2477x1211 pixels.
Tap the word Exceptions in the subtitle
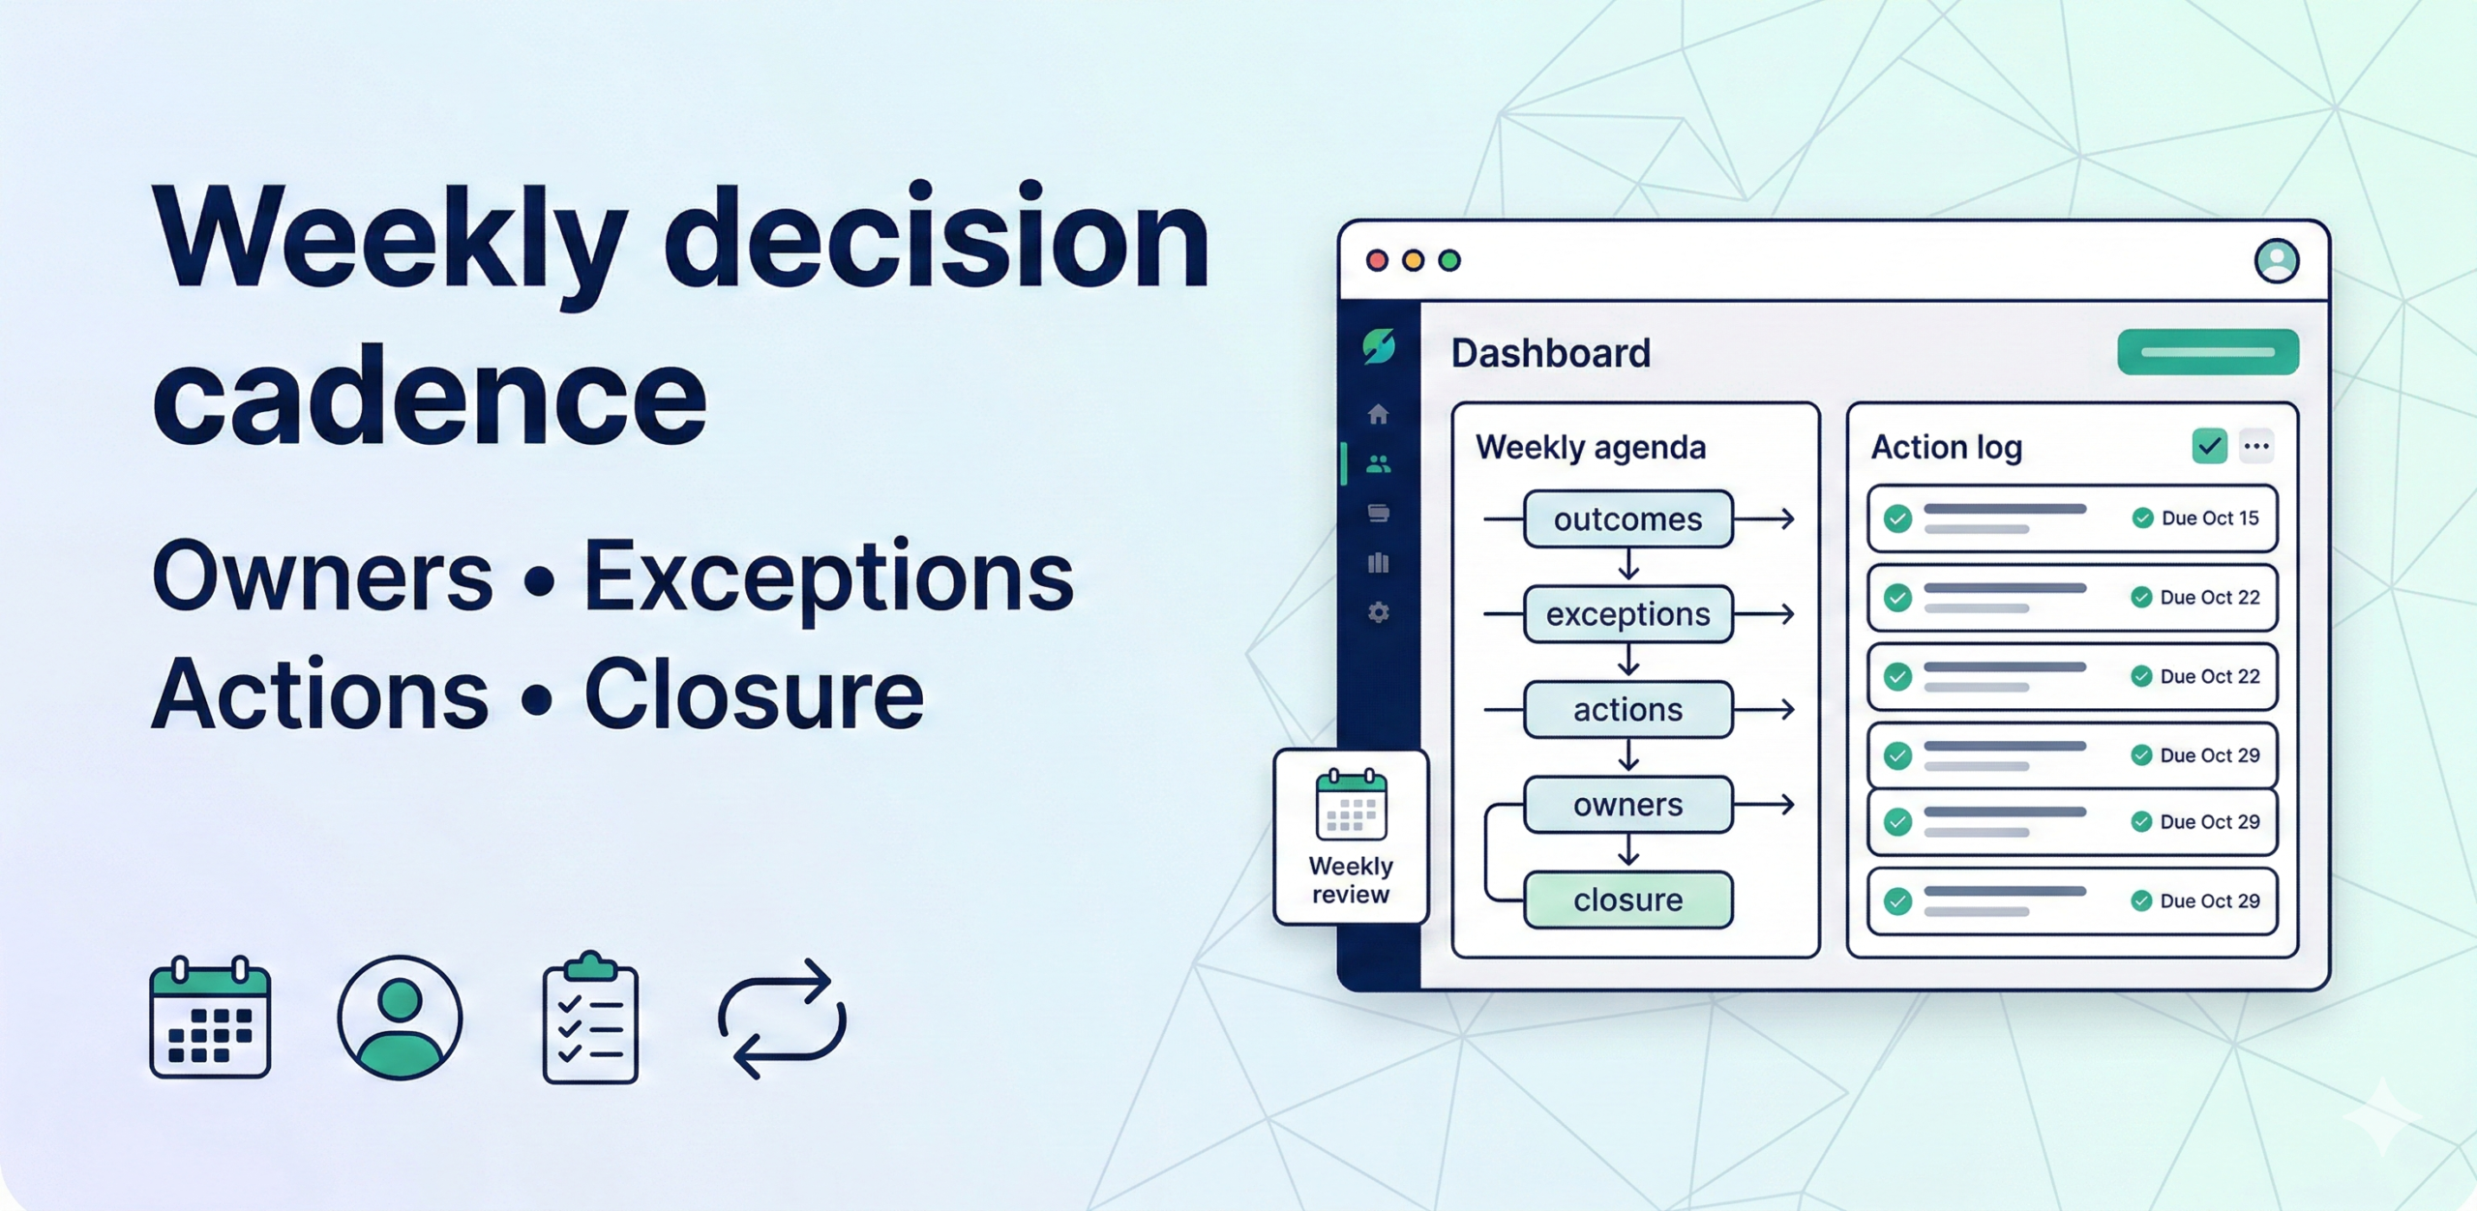pyautogui.click(x=828, y=577)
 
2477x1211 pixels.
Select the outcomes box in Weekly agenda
pyautogui.click(x=1627, y=519)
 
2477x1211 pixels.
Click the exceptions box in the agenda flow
pyautogui.click(x=1627, y=614)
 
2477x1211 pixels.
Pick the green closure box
pyautogui.click(x=1627, y=901)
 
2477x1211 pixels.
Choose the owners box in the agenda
pyautogui.click(x=1627, y=805)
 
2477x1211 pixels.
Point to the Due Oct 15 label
pyautogui.click(x=2209, y=518)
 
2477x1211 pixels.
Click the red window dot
pyautogui.click(x=1377, y=260)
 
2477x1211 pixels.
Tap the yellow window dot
pyautogui.click(x=1414, y=260)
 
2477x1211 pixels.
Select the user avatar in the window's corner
pyautogui.click(x=2277, y=260)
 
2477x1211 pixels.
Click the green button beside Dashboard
pyautogui.click(x=2207, y=352)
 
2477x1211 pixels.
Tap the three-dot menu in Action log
pyautogui.click(x=2256, y=447)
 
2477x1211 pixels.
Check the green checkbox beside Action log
pyautogui.click(x=2209, y=447)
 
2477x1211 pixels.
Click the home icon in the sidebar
pyautogui.click(x=1379, y=415)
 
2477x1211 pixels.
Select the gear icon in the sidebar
pyautogui.click(x=1379, y=613)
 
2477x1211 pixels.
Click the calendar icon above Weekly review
pyautogui.click(x=1351, y=805)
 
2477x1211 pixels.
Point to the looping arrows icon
pyautogui.click(x=782, y=1019)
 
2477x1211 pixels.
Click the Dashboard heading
pyautogui.click(x=1550, y=353)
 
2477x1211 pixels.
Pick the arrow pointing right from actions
pyautogui.click(x=1766, y=710)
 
